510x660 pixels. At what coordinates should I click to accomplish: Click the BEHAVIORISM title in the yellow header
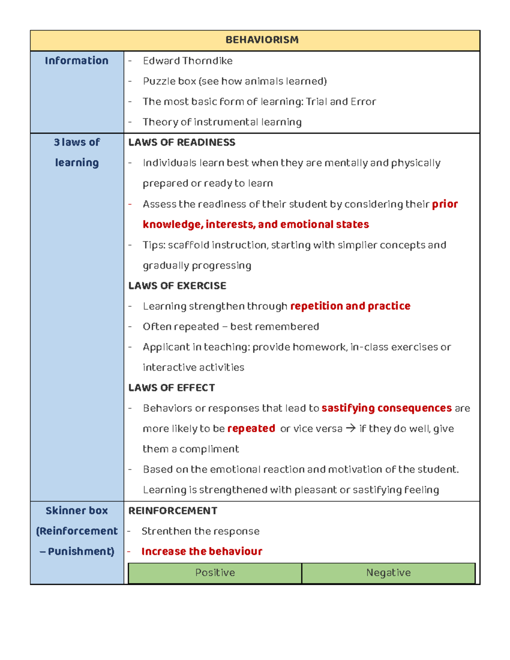point(262,40)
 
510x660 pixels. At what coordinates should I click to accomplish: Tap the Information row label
point(76,61)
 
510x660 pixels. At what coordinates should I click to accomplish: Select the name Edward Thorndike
point(187,61)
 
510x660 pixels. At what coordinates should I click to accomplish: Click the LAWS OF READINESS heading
point(181,142)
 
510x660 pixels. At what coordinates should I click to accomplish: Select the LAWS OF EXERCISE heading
point(177,286)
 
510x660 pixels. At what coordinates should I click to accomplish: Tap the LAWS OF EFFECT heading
point(171,388)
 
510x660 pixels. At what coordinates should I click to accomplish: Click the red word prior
point(445,204)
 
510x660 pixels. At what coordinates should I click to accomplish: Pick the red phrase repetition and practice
point(350,306)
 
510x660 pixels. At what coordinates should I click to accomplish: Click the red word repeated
point(251,428)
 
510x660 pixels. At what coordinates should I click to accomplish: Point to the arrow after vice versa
point(351,428)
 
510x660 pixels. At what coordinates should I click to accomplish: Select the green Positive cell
point(215,573)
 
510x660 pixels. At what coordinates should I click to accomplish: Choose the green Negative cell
point(388,573)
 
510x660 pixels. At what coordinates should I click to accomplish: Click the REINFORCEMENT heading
point(173,511)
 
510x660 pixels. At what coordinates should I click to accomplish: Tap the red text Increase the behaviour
point(201,552)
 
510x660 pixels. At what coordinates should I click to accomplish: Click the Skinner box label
point(76,511)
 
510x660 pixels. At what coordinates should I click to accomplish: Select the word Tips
point(153,245)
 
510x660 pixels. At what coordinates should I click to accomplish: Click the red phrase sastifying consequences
point(386,408)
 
